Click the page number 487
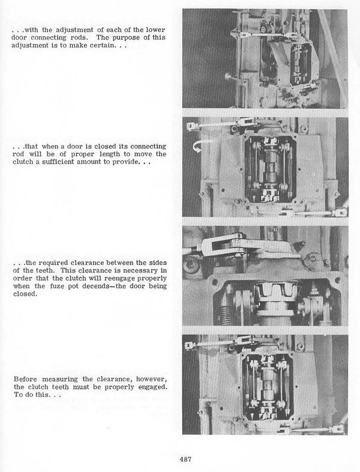tap(187, 458)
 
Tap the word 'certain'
tap(103, 47)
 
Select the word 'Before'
tap(24, 379)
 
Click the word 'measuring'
tap(58, 379)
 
